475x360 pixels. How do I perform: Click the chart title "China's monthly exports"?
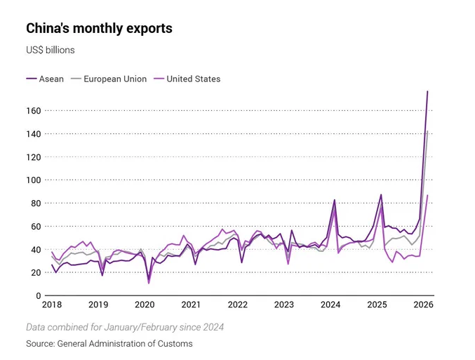(x=99, y=29)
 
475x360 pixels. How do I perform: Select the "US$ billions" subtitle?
(x=51, y=51)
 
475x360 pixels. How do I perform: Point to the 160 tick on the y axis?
(x=34, y=110)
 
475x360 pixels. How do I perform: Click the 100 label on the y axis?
(x=34, y=180)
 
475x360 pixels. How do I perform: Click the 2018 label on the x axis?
(x=51, y=305)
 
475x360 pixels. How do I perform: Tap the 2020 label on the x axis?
(x=145, y=305)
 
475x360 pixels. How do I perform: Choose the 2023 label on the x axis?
(x=284, y=305)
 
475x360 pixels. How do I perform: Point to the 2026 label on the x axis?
(x=423, y=305)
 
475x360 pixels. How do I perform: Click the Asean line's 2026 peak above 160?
(x=427, y=91)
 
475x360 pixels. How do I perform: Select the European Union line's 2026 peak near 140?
(x=427, y=131)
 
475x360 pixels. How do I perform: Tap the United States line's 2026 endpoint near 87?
(x=427, y=195)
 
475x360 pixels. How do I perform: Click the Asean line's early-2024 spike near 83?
(x=334, y=200)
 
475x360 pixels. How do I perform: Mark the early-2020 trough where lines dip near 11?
(x=149, y=282)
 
